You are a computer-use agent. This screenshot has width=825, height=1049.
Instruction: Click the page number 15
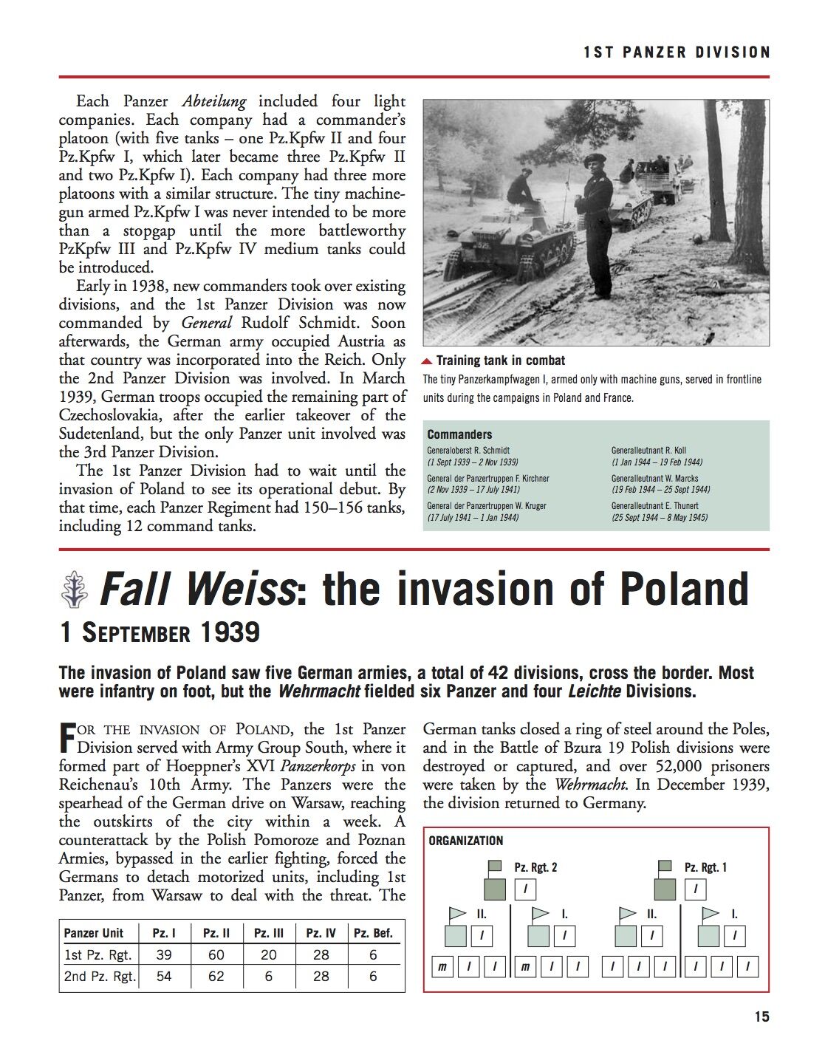coord(761,1016)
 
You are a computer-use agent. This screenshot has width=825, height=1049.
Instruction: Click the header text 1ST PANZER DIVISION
coord(677,52)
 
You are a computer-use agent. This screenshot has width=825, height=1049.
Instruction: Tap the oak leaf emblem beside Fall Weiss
coord(74,590)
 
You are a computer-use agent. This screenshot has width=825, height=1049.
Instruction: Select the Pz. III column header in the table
coord(268,933)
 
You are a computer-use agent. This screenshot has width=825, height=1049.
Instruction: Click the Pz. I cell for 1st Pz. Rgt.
coord(164,954)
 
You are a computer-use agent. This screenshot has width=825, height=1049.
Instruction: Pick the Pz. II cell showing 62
coord(216,977)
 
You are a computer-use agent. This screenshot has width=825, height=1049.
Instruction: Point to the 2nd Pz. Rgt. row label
coord(100,977)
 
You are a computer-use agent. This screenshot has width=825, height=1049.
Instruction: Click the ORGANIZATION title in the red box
coord(465,841)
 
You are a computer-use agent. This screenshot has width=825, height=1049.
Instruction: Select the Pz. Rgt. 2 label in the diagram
coord(535,867)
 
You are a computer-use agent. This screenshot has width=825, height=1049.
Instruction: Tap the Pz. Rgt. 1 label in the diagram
coord(705,867)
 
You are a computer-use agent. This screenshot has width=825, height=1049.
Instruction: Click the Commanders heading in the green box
coord(459,434)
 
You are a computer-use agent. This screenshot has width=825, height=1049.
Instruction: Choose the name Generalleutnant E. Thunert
coord(654,506)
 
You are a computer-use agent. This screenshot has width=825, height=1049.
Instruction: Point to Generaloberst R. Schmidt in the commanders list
coord(468,450)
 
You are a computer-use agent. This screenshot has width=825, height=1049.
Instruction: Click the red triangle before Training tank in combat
coord(427,361)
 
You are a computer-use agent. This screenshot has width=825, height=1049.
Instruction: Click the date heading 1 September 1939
coord(160,632)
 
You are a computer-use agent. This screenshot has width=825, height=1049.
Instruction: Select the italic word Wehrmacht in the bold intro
coord(318,692)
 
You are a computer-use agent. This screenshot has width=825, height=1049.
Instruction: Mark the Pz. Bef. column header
coord(373,933)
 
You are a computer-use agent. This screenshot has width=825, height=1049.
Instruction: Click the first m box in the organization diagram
coord(442,966)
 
